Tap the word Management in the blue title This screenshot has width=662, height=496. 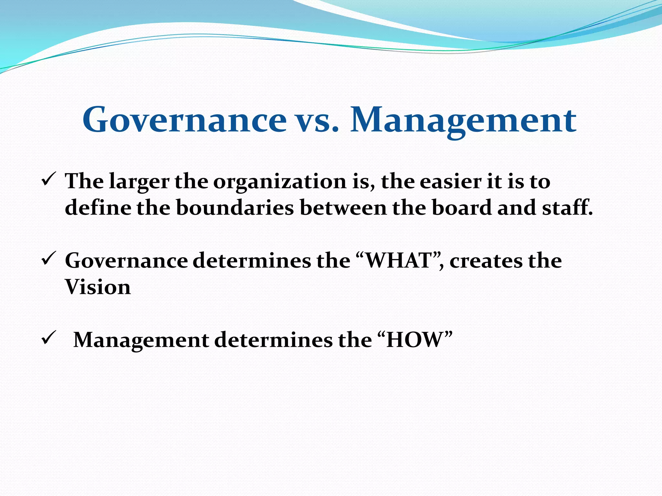(463, 120)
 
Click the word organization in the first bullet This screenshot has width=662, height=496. (280, 181)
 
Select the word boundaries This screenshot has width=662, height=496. (235, 207)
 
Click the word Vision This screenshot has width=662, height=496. (98, 287)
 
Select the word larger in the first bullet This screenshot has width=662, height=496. (139, 181)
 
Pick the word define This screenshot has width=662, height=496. (98, 207)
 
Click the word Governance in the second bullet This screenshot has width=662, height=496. (126, 260)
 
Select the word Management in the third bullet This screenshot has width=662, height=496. (141, 340)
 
